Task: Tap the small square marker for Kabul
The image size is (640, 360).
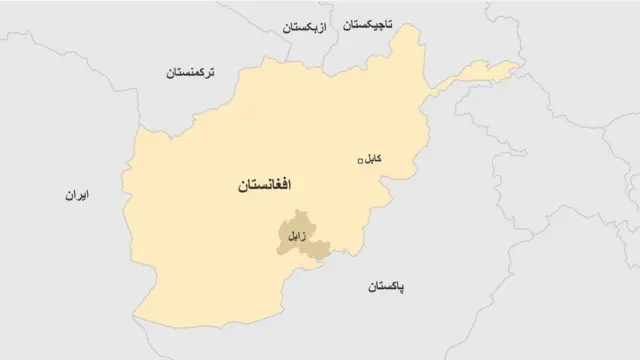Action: coord(361,161)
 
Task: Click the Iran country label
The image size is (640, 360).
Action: coord(73,196)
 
